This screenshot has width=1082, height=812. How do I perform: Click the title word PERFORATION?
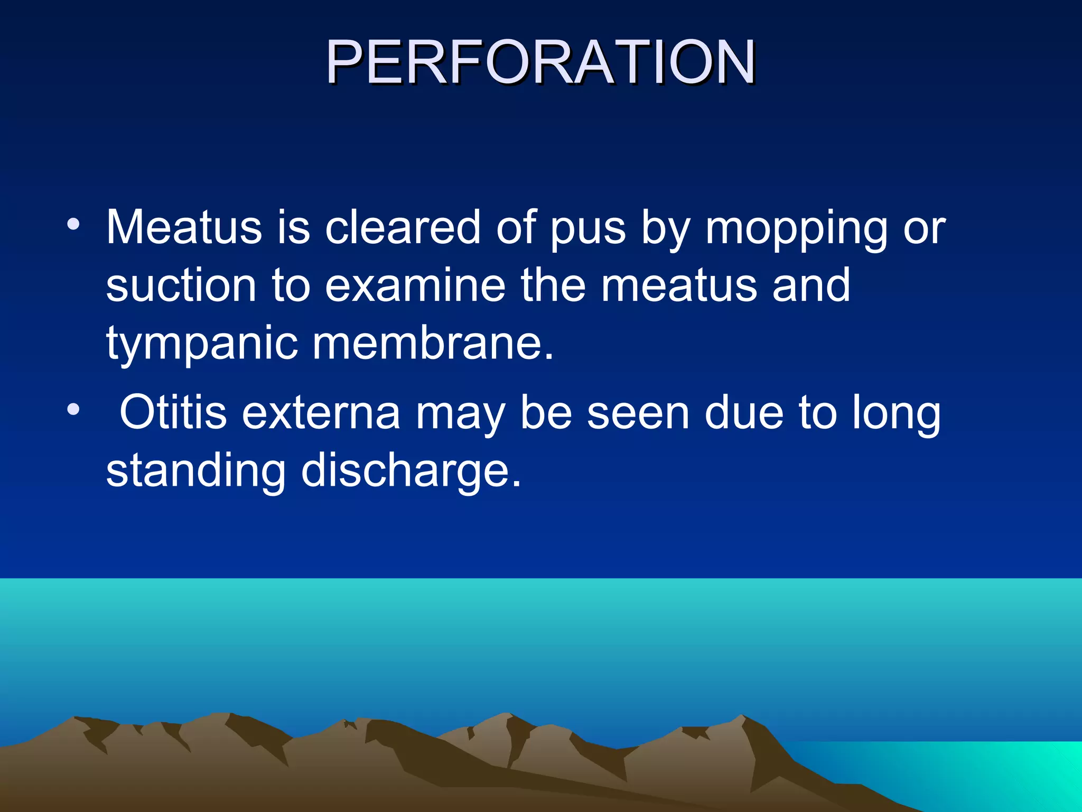pyautogui.click(x=540, y=62)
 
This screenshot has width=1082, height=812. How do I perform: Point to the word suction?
pyautogui.click(x=181, y=285)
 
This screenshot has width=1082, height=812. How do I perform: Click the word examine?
pyautogui.click(x=415, y=285)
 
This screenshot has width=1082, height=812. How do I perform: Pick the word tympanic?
pyautogui.click(x=202, y=345)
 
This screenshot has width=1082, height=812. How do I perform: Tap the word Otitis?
pyautogui.click(x=173, y=412)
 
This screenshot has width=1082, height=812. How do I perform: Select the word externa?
pyautogui.click(x=321, y=412)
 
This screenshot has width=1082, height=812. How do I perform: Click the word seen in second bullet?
pyautogui.click(x=638, y=412)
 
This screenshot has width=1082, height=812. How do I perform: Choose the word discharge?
pyautogui.click(x=411, y=470)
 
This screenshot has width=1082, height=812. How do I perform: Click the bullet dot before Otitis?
pyautogui.click(x=73, y=409)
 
